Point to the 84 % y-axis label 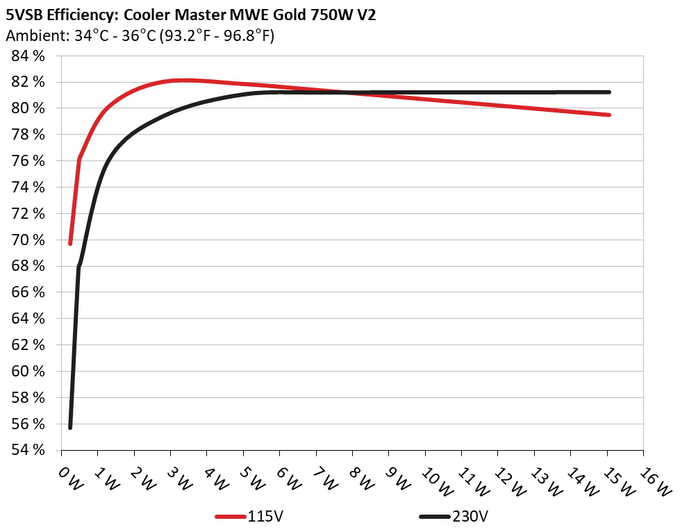[28, 56]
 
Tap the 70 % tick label [28, 240]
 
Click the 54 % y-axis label [28, 450]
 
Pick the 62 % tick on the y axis [28, 345]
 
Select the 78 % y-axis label [28, 135]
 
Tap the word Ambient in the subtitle [31, 36]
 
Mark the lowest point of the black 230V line [70, 427]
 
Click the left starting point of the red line [70, 243]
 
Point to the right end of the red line [608, 115]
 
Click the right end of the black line [608, 92]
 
